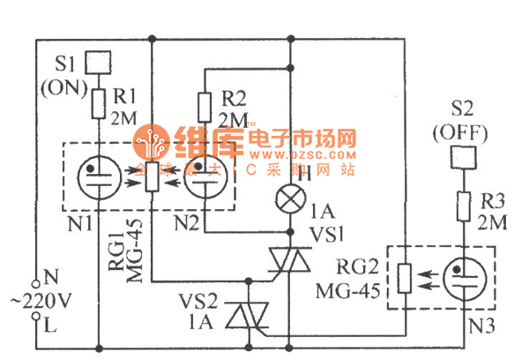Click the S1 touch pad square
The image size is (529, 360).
tap(99, 63)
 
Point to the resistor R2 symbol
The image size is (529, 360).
tap(205, 108)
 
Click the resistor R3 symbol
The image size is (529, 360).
tap(460, 209)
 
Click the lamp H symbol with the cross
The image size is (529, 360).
tap(291, 196)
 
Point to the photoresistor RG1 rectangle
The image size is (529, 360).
tap(152, 176)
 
